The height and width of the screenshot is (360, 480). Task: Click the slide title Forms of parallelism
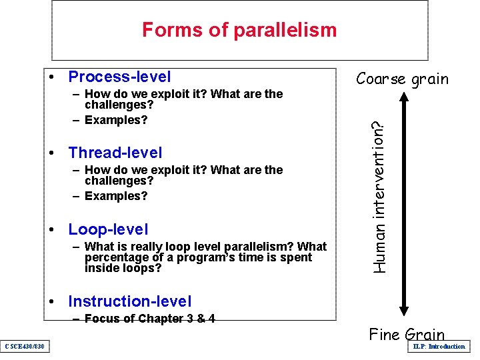point(239,30)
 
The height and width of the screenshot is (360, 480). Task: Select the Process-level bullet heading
point(119,77)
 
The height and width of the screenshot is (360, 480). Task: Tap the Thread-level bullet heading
point(115,153)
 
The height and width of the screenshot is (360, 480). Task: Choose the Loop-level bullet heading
point(108,229)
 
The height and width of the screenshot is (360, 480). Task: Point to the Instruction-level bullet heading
point(129,302)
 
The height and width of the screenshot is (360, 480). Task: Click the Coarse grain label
point(402,79)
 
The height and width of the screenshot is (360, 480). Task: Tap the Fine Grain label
point(407,335)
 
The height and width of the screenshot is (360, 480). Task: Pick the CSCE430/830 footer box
point(25,346)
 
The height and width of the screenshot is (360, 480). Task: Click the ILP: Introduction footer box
point(439,347)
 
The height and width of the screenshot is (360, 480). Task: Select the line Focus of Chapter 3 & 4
point(149,319)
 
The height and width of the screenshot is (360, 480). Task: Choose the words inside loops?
point(123,268)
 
